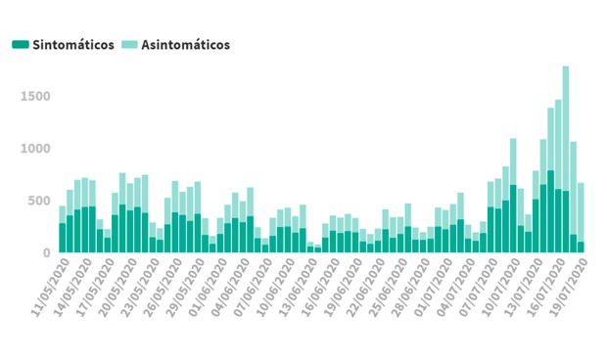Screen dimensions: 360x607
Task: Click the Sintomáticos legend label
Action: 73,45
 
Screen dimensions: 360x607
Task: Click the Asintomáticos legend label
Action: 186,45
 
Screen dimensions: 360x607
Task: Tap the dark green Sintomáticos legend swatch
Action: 20,45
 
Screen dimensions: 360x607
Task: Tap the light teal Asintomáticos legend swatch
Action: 130,45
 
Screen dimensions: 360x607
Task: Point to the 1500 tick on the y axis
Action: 34,96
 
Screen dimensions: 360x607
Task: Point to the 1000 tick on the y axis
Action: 34,149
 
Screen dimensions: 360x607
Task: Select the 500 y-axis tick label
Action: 38,201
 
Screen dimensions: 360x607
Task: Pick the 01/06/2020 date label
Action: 205,284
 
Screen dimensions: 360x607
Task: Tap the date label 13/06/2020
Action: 296,284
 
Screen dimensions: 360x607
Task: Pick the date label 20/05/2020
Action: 114,284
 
